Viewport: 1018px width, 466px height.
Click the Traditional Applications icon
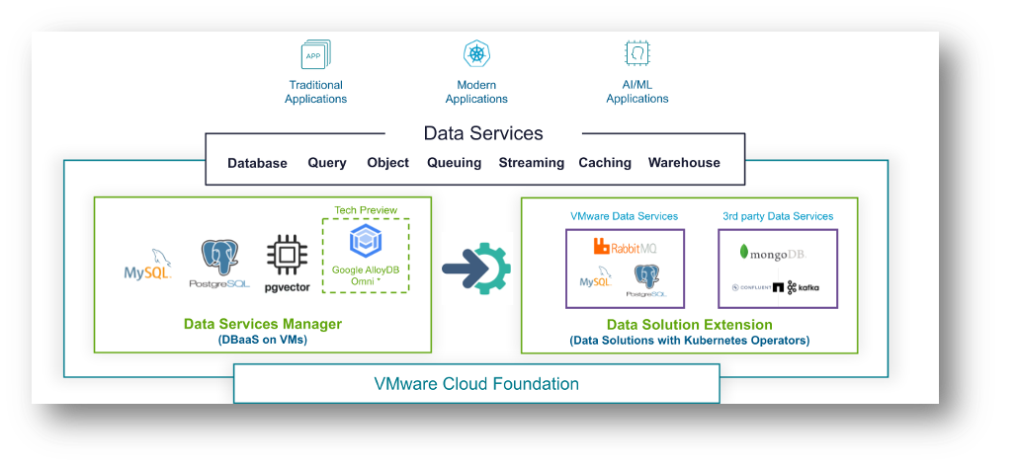click(315, 54)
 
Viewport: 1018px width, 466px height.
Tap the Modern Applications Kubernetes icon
click(476, 54)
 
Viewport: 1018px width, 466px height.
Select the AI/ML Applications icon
click(636, 53)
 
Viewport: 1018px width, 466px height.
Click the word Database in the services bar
click(257, 163)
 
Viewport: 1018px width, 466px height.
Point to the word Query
click(327, 163)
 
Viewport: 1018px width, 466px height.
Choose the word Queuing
click(454, 163)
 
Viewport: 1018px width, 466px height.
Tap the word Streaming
click(531, 163)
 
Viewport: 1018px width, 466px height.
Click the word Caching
click(605, 163)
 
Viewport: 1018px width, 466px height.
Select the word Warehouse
click(684, 163)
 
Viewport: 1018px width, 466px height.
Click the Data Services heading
click(483, 133)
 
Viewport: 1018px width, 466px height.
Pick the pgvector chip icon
click(287, 256)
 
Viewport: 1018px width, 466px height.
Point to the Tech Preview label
click(365, 210)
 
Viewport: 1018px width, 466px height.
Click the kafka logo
click(804, 287)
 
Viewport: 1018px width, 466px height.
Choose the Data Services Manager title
click(263, 324)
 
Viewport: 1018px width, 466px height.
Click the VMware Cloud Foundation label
click(476, 383)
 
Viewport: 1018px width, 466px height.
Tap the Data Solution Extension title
click(689, 325)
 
